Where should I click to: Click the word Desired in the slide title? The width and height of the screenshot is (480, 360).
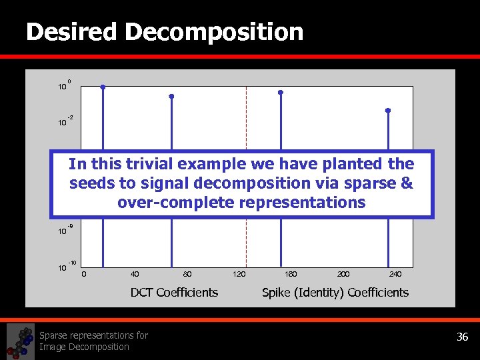coord(71,31)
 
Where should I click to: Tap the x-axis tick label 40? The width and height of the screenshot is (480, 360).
coord(135,273)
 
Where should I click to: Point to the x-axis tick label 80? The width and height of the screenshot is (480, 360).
coord(187,273)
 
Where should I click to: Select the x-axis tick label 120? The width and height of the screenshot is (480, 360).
coord(239,273)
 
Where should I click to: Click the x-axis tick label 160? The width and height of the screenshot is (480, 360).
coord(291,273)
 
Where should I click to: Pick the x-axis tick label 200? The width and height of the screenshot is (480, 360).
coord(343,273)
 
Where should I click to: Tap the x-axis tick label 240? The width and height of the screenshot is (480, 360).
coord(395,273)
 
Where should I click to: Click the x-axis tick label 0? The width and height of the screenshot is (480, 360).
coord(83,273)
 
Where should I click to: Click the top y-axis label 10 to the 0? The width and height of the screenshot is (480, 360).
coord(63,86)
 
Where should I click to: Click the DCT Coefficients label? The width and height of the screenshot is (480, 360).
coord(174,292)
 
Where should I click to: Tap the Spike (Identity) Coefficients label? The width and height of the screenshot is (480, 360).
coord(335,292)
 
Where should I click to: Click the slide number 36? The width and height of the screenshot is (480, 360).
coord(462,337)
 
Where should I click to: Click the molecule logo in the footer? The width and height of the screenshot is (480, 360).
coord(20,341)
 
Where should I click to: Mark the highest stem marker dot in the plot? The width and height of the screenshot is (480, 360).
coord(103,87)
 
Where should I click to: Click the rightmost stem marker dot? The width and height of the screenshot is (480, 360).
coord(387,110)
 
